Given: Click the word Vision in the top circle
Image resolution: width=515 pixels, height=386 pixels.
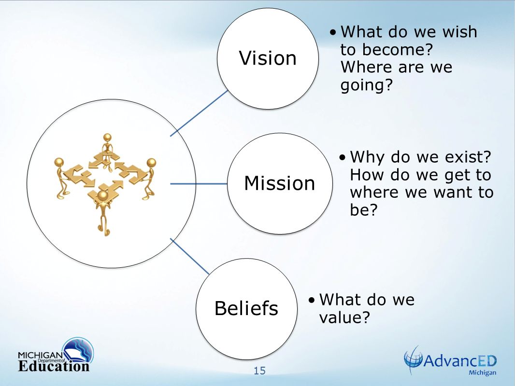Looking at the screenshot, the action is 268,58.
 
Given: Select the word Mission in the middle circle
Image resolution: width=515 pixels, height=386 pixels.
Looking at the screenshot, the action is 280,183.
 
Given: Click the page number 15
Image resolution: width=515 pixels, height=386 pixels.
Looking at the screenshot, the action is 259,371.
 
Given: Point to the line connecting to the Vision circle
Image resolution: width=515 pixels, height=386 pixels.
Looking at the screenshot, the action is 199,113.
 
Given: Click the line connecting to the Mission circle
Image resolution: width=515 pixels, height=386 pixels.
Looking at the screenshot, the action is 199,184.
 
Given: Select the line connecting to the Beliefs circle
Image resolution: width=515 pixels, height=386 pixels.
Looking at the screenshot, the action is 190,256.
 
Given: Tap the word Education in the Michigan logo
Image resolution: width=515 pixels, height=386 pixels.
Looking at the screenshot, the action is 54,366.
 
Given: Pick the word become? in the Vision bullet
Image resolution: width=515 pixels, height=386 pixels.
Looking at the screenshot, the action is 398,50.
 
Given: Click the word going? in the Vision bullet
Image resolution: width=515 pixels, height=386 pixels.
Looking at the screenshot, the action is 367,85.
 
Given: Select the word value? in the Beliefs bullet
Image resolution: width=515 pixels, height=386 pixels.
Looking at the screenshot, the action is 344,317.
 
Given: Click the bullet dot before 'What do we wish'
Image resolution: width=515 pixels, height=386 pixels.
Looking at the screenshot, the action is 333,32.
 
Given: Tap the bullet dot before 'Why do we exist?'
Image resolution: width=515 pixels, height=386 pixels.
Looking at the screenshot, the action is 343,157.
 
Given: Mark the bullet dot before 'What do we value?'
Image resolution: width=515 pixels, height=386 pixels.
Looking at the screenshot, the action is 312,300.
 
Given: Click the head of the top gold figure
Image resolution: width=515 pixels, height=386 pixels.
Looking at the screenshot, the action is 107,138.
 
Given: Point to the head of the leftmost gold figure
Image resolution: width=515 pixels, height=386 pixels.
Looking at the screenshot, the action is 59,163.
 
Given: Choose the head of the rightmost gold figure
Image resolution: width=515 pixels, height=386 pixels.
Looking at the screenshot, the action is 151,163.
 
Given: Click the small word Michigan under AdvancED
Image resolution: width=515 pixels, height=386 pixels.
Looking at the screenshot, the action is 482,372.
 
